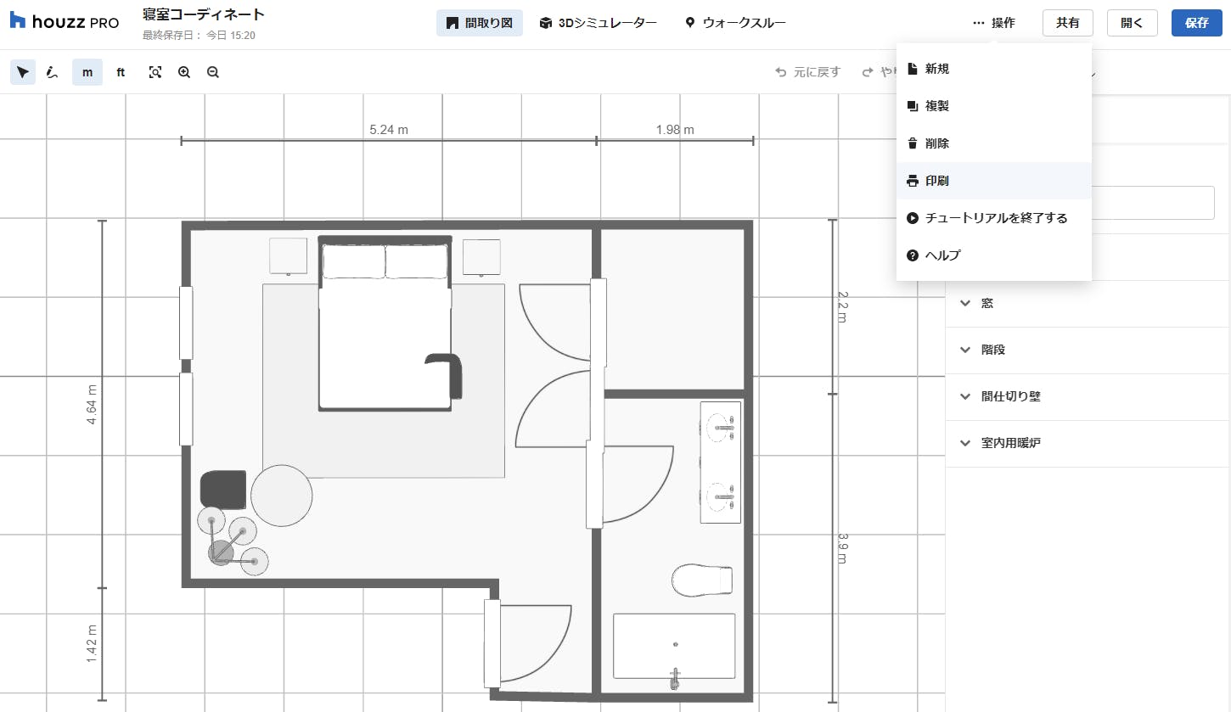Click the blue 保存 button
pos(1196,23)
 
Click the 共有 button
pos(1067,23)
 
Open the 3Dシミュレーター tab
pos(598,23)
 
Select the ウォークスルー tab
pos(735,23)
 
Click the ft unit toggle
pos(121,72)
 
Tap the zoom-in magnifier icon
pos(184,72)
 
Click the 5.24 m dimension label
pos(389,130)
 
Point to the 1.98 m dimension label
pos(675,130)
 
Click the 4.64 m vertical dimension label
pos(91,404)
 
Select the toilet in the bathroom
pos(702,580)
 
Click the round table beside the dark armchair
pos(281,496)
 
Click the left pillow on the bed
pos(353,261)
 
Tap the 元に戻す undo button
pos(808,72)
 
